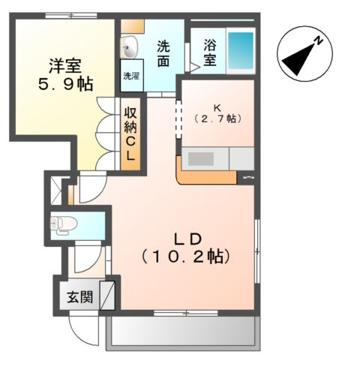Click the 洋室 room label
coord(65,66)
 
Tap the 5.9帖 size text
coord(66,84)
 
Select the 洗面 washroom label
coord(163,54)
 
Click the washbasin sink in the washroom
coord(129,47)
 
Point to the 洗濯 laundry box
coord(132,76)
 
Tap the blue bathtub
coord(241,50)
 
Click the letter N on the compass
coord(318,41)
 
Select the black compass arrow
coord(298,60)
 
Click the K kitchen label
coord(217,108)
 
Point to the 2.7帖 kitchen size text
coord(217,119)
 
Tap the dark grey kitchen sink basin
coord(201,159)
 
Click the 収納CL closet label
coord(130,134)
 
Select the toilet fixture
coord(64,224)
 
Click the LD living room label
coord(187,239)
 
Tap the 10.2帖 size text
coord(185,257)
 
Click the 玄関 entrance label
coord(80,297)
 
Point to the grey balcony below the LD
coord(183,333)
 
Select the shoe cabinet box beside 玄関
coord(107,295)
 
